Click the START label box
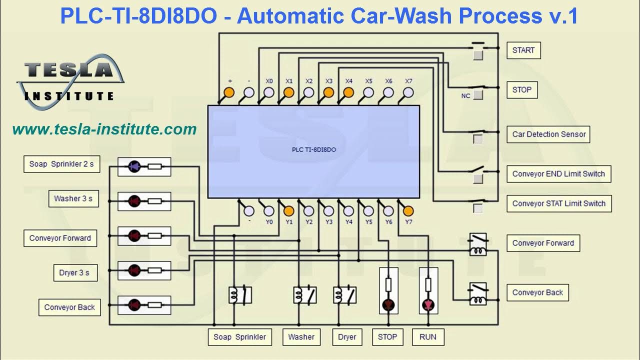tap(523, 50)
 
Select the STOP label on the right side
tap(522, 90)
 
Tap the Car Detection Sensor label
tap(549, 134)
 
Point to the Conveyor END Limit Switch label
tap(558, 174)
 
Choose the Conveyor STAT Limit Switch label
tap(558, 203)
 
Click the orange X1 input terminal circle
tap(288, 92)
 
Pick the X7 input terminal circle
tap(408, 92)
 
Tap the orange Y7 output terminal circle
tap(408, 210)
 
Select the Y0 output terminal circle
tap(269, 210)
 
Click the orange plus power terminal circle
tap(229, 92)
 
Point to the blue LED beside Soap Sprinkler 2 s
tap(134, 166)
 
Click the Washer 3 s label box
tap(73, 198)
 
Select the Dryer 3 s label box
tap(74, 272)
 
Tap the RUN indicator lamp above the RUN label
tap(428, 304)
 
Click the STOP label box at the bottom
tap(387, 337)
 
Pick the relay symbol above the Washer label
tap(304, 295)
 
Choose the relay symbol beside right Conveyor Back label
tap(478, 293)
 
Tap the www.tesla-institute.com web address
tap(104, 129)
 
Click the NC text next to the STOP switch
tap(465, 96)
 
